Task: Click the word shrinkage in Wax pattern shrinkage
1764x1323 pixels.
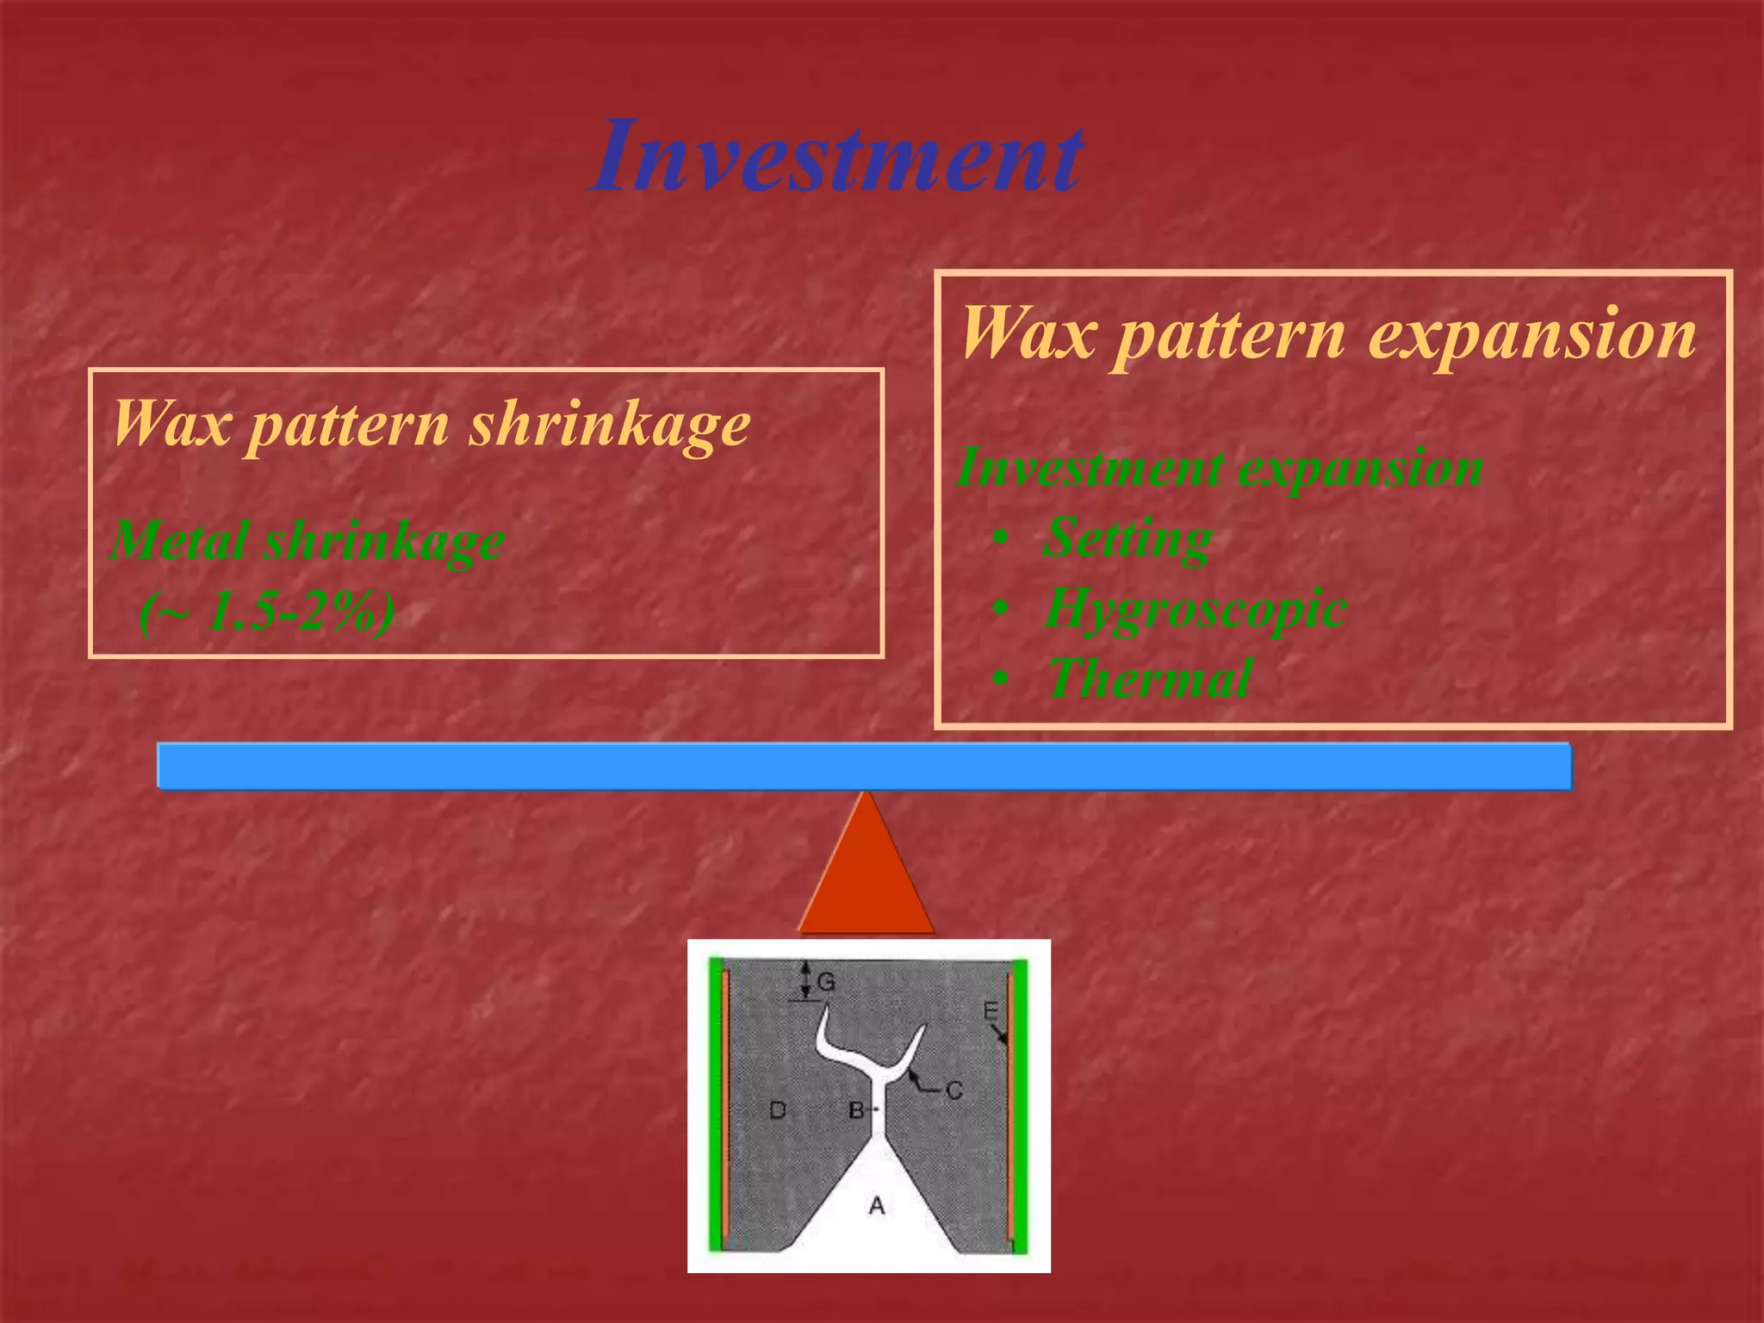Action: pos(609,425)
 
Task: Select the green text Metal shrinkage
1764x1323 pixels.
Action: pos(307,541)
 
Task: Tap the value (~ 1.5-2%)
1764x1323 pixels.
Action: pos(266,612)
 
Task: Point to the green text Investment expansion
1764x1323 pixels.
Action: pos(1219,468)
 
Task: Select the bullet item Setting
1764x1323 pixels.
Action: pos(1127,537)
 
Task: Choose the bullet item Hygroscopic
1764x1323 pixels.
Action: pos(1195,608)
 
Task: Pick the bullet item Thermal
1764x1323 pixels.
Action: pos(1149,678)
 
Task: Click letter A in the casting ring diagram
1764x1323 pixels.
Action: pos(877,1205)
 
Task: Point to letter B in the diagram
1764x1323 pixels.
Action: pos(855,1110)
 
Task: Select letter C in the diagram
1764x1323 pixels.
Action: pos(953,1090)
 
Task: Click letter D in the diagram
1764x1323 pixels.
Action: pos(777,1109)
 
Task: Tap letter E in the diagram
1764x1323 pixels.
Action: pos(991,1010)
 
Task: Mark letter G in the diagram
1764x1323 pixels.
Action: pos(825,982)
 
